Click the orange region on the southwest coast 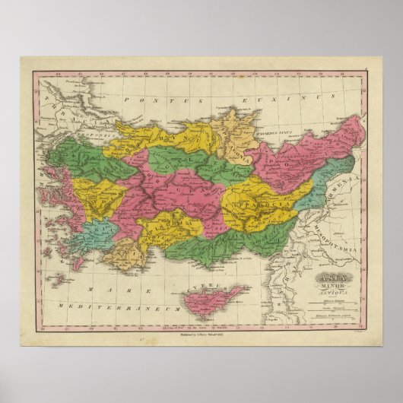click(x=125, y=254)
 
